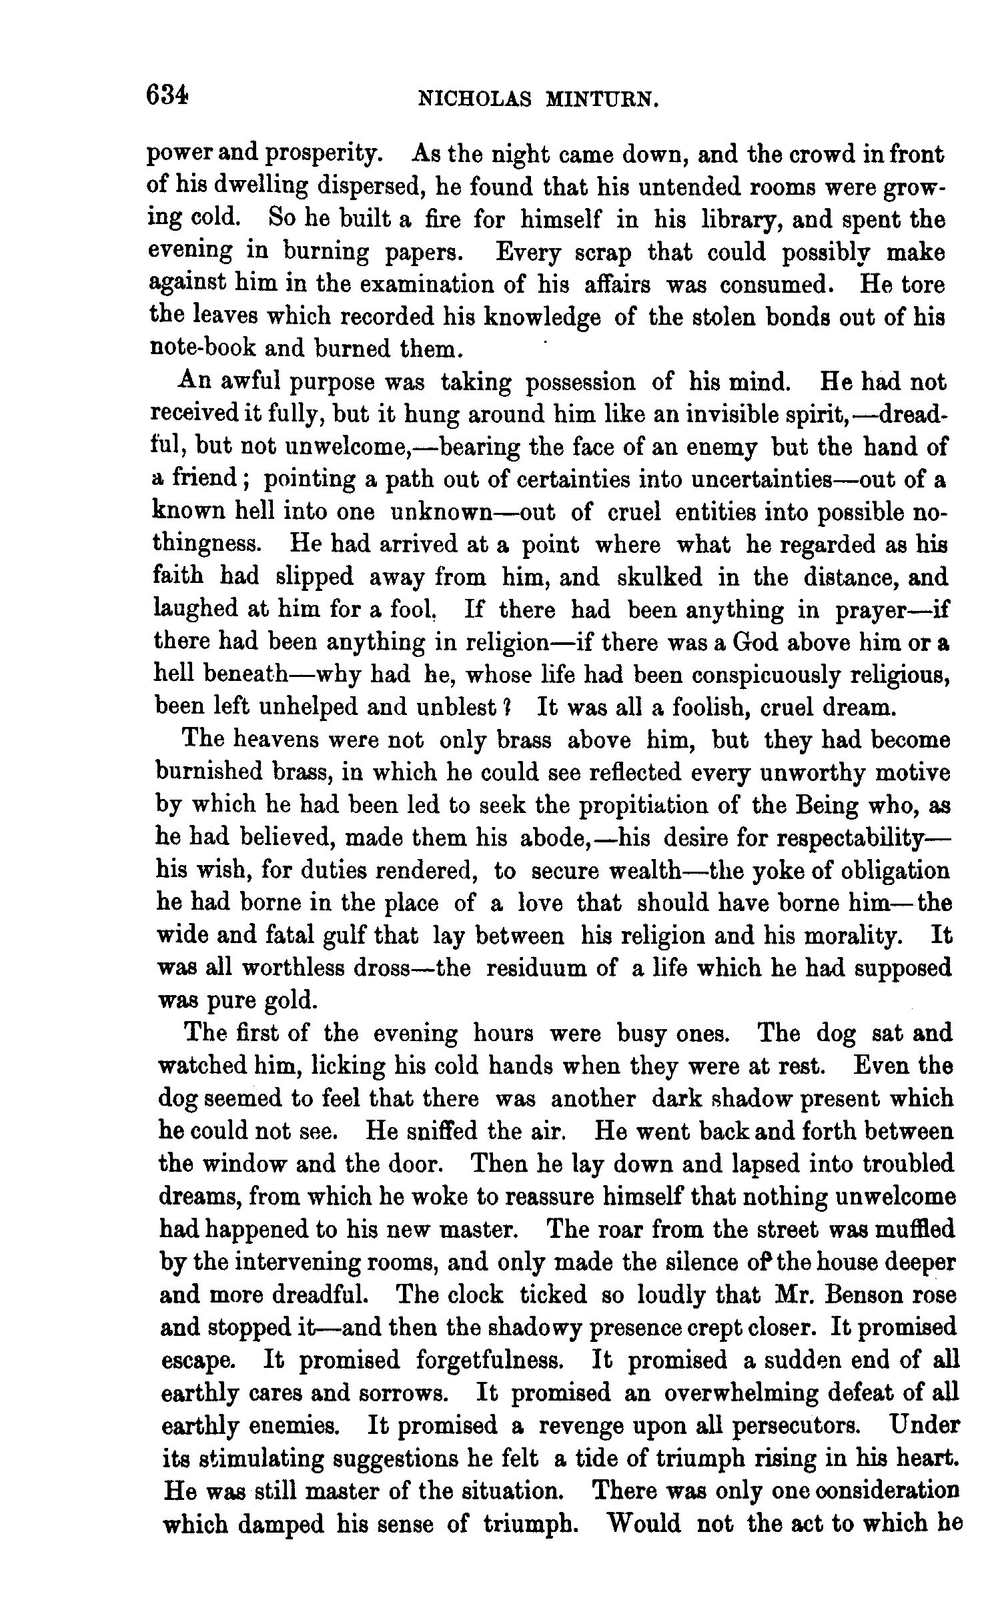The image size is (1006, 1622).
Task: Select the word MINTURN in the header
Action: coord(602,99)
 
